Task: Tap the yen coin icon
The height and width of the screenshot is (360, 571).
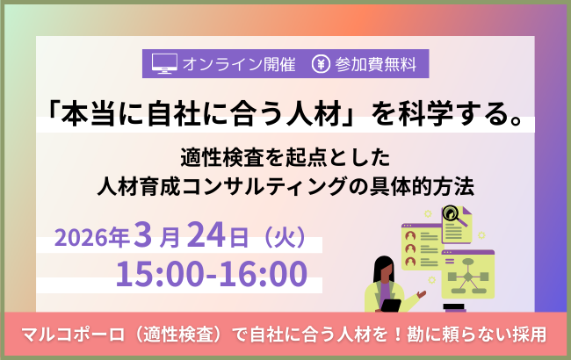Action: click(x=321, y=63)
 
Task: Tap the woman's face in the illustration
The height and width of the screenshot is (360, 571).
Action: click(x=385, y=267)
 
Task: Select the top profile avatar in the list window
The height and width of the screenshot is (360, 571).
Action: click(x=408, y=235)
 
